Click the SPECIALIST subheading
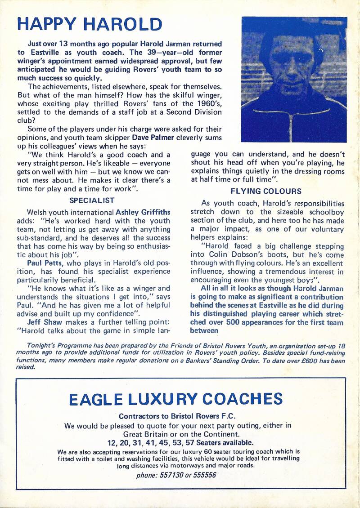pyautogui.click(x=92, y=201)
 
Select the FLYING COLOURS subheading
pyautogui.click(x=266, y=191)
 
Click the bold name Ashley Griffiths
pyautogui.click(x=144, y=212)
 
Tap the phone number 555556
pyautogui.click(x=205, y=475)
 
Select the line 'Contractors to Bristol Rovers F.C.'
pyautogui.click(x=177, y=416)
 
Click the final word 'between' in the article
pyautogui.click(x=204, y=331)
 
